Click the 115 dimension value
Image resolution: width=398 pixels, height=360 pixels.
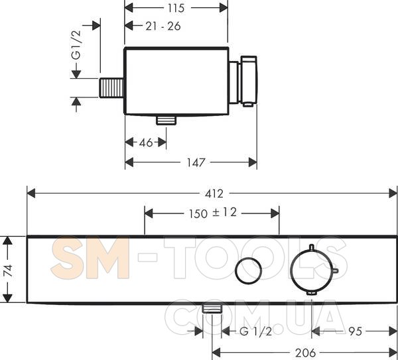176,8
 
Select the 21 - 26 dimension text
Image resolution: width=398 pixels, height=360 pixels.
163,26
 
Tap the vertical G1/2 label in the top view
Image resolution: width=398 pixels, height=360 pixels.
76,45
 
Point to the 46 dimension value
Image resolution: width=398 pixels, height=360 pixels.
146,143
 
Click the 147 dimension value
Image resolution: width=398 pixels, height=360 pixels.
196,162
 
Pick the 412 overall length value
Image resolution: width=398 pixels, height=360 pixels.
214,194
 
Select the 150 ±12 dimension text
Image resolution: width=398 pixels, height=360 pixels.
213,213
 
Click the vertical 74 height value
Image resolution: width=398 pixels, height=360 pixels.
7,270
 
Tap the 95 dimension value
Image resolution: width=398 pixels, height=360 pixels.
355,331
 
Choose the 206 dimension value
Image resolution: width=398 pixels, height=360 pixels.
305,353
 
